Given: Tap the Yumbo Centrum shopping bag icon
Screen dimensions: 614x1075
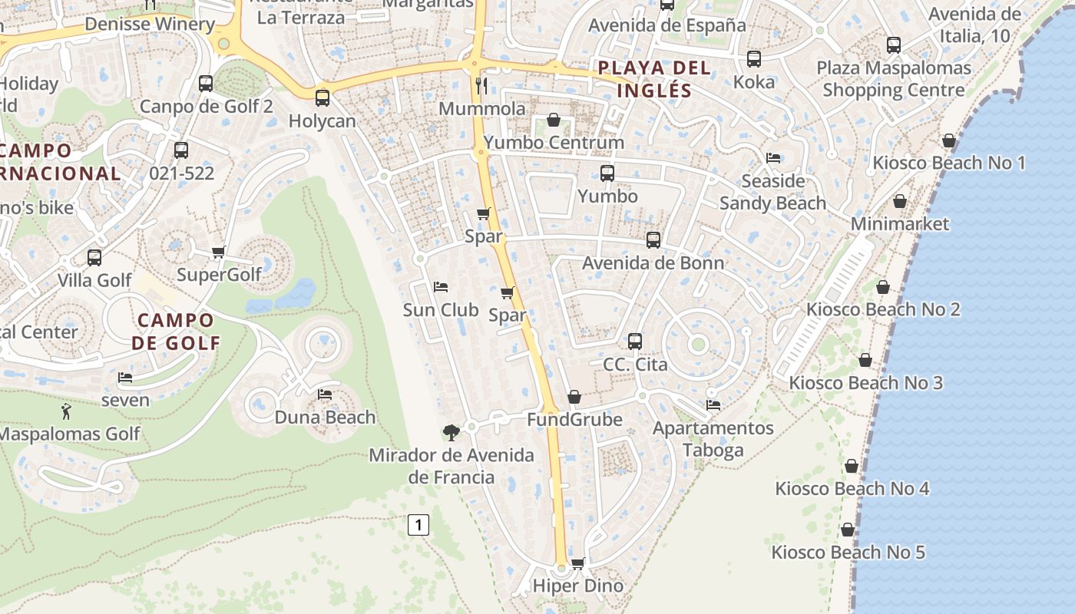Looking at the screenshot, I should (x=553, y=120).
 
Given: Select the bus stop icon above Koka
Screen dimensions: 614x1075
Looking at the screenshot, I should (x=754, y=59).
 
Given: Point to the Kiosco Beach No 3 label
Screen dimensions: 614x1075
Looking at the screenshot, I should (x=865, y=382).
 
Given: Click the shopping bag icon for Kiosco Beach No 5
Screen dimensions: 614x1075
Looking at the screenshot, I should (x=848, y=530).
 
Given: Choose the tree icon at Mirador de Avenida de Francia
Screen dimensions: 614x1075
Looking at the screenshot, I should (x=451, y=432).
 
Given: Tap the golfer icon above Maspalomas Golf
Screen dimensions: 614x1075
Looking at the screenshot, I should (x=67, y=411).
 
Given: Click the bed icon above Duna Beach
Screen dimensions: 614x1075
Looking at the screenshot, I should (x=325, y=394).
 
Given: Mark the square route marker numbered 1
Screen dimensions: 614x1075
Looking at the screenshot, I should (x=418, y=526).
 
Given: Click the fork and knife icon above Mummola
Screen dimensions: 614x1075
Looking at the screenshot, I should (x=482, y=85).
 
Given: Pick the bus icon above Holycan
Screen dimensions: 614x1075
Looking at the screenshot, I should (x=322, y=98).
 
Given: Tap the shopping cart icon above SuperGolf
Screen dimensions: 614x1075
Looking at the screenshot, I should (x=219, y=252).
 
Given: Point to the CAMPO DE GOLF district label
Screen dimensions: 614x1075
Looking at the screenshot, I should (x=176, y=332).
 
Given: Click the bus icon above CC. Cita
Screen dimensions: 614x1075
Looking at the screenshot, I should (x=634, y=342).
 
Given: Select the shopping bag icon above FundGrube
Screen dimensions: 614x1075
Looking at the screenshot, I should (x=574, y=397).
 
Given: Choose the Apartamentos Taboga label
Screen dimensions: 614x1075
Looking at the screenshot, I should (x=713, y=438).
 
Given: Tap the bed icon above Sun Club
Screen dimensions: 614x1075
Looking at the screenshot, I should (x=441, y=287).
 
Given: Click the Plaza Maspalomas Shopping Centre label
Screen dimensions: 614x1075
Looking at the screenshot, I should (x=893, y=79).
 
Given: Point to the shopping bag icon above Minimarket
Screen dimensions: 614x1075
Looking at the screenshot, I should (x=900, y=202).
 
